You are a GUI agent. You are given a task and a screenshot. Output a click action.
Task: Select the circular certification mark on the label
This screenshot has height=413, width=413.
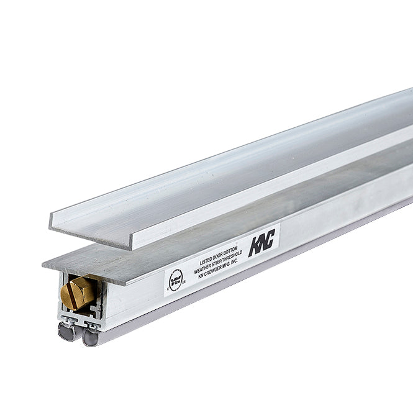pyautogui.click(x=176, y=280)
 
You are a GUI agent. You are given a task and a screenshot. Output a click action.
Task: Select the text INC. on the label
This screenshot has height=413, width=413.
pyautogui.click(x=234, y=263)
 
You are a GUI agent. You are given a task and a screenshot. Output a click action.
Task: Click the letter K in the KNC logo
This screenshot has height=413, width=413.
pyautogui.click(x=253, y=247)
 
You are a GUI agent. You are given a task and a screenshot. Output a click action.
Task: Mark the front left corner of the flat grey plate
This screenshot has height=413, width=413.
pyautogui.click(x=43, y=265)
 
